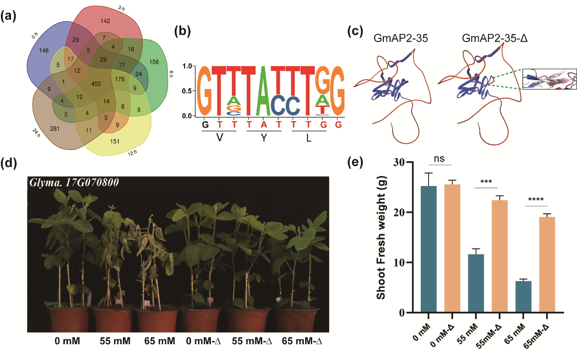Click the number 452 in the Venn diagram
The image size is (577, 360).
tap(96, 84)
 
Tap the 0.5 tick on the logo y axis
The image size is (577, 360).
tap(186, 91)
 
